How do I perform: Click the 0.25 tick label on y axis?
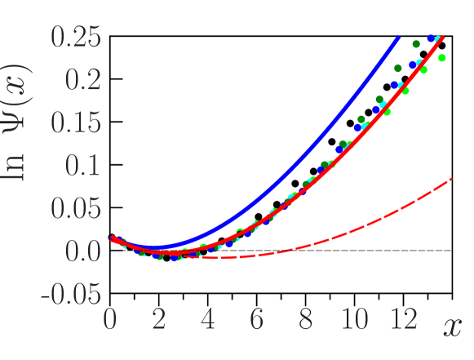(x=75, y=37)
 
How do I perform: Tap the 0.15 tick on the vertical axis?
(x=75, y=122)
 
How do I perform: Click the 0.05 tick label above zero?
(x=75, y=208)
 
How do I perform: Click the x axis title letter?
(x=452, y=327)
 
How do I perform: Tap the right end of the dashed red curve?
(x=452, y=179)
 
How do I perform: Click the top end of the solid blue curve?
(x=398, y=38)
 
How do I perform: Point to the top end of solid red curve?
(x=448, y=38)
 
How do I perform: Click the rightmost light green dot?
(x=442, y=58)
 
